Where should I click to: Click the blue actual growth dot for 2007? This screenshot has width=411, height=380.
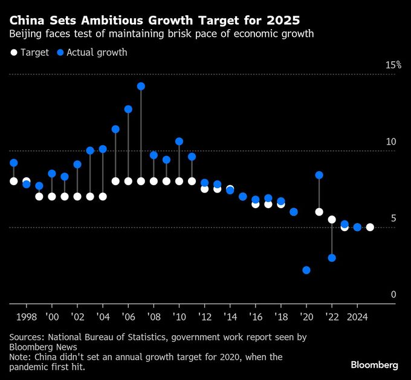tap(141, 87)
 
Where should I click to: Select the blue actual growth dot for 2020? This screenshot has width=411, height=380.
tap(306, 270)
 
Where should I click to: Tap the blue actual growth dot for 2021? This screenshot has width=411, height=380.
tap(319, 175)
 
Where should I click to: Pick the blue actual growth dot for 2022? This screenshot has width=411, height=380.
tap(332, 258)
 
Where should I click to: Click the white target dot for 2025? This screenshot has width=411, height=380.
tap(370, 228)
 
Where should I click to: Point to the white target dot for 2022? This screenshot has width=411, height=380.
tap(332, 219)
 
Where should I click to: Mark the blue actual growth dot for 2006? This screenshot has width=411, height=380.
tap(128, 110)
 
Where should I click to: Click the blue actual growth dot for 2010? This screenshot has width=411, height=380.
tap(179, 142)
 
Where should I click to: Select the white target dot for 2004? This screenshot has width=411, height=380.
tap(103, 197)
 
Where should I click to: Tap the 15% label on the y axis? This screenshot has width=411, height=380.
tap(393, 65)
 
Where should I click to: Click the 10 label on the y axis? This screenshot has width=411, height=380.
tap(391, 142)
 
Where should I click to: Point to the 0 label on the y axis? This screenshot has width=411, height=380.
tap(393, 295)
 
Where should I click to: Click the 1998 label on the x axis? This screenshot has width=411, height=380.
tap(27, 316)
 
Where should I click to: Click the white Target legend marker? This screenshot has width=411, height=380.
tap(14, 53)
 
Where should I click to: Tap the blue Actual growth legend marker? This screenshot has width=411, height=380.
tap(60, 53)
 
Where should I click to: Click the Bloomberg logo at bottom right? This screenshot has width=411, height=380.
tap(374, 365)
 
